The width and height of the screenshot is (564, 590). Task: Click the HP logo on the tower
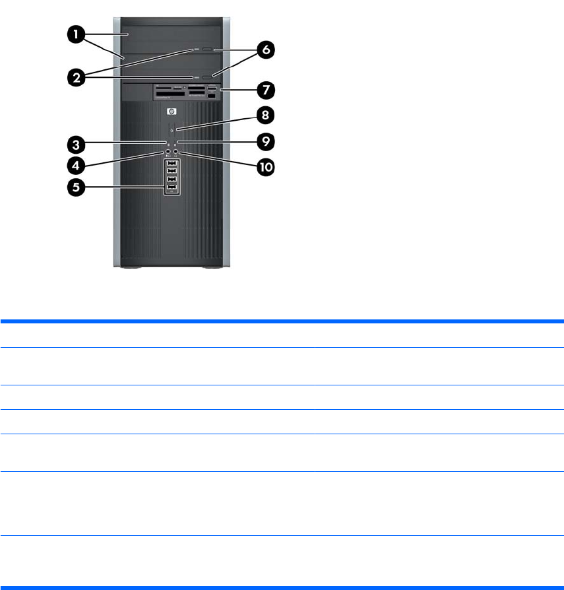click(172, 112)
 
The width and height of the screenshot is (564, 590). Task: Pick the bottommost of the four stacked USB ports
click(172, 188)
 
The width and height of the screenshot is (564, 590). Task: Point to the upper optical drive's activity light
click(197, 49)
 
